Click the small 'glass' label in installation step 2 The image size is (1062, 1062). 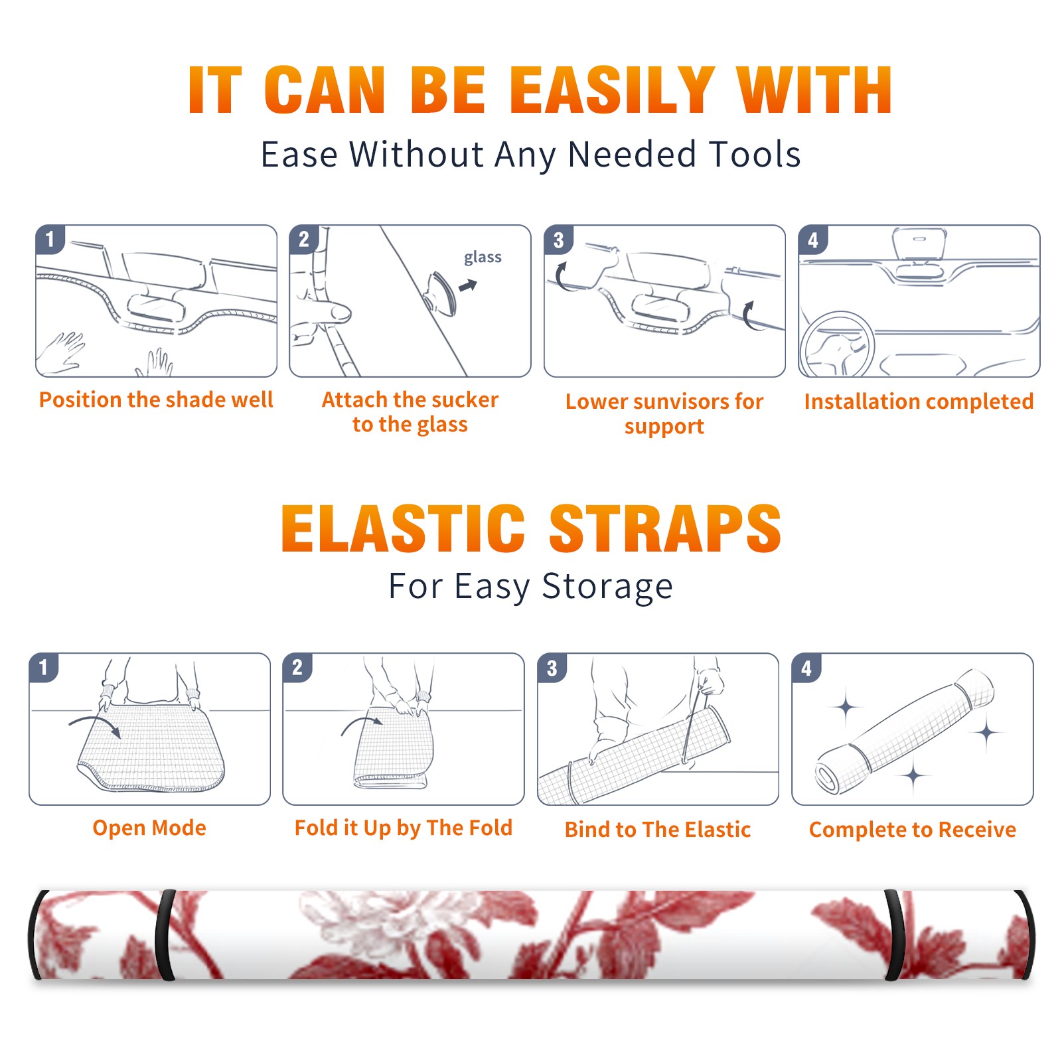click(x=483, y=258)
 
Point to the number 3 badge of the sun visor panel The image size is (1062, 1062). click(x=558, y=240)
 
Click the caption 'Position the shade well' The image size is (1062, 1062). click(x=156, y=400)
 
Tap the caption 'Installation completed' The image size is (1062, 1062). click(x=919, y=402)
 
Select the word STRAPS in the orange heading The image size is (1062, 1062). click(x=665, y=528)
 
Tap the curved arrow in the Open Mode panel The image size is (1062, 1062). click(x=95, y=725)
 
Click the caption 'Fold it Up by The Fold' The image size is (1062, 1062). click(x=404, y=828)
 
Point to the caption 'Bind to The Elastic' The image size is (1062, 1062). click(x=658, y=830)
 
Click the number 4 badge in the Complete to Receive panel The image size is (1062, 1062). click(x=806, y=668)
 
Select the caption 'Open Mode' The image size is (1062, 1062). click(x=149, y=828)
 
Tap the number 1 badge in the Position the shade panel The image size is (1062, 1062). click(x=50, y=240)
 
